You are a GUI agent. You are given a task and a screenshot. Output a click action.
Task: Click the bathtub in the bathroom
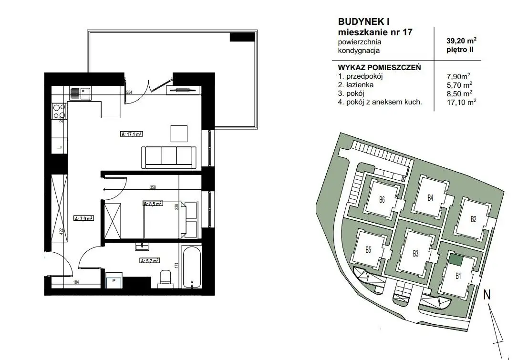coord(191,267)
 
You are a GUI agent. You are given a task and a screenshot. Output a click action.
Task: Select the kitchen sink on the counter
coord(81,93)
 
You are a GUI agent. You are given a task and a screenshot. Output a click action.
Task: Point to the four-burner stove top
coord(59,111)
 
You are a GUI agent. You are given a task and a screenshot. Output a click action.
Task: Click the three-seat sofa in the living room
coord(169,157)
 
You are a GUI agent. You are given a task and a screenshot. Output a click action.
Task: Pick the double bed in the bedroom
coord(165,219)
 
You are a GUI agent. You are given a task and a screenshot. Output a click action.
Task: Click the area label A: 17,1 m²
coord(132,134)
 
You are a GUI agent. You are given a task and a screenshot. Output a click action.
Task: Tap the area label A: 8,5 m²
coord(153,204)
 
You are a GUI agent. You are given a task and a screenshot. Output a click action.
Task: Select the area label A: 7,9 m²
coord(83,218)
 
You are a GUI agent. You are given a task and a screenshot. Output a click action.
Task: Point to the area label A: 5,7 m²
coord(149,260)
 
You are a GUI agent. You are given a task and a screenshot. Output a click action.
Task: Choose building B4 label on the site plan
coord(430,198)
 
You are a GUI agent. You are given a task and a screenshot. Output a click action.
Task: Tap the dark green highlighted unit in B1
coord(456,259)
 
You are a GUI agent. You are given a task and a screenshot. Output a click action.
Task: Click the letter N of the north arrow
coord(487,295)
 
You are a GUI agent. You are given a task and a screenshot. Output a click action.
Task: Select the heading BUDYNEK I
coord(363,21)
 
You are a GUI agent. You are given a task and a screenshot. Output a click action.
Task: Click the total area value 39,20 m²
coord(461,41)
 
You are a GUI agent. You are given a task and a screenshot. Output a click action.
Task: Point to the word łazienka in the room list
coord(360,85)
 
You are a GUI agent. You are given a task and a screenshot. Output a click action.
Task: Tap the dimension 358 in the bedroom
coord(153,187)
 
